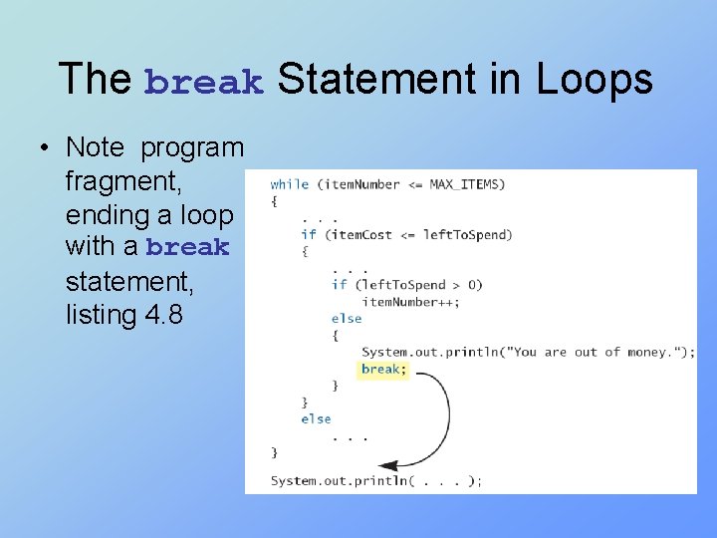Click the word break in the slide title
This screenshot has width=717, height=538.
pos(204,82)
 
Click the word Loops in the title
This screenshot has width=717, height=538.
pos(595,80)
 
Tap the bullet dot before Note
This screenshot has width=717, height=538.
pos(45,148)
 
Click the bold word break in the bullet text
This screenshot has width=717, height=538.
pos(187,248)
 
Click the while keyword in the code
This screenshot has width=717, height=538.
pos(289,184)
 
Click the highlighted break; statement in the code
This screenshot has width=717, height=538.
pos(383,369)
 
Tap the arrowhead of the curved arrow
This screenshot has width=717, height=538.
pos(386,465)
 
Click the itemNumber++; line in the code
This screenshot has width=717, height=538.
pos(411,302)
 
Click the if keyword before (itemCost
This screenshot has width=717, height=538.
pos(308,235)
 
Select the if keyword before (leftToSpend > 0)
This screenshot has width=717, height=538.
pos(339,285)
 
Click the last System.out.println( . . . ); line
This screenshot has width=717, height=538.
pos(375,481)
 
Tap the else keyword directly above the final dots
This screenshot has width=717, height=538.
pos(316,419)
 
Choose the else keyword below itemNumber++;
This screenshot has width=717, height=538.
pos(347,319)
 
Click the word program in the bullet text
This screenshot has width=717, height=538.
pos(192,148)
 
